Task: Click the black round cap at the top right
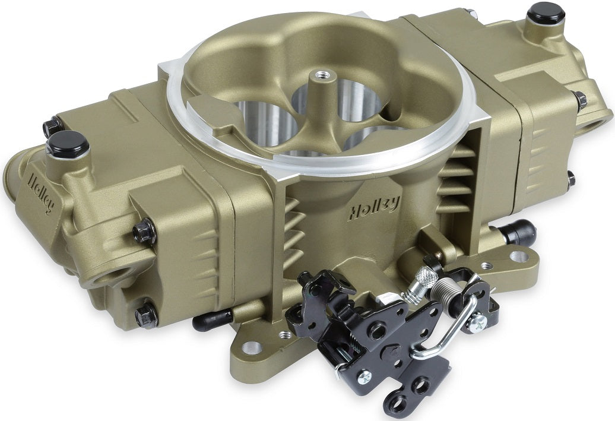(x=546, y=12)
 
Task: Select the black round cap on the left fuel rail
(x=68, y=144)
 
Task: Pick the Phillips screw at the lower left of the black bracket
(x=363, y=376)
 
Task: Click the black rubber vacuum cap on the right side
(x=518, y=232)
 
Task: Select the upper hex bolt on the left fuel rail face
(x=144, y=232)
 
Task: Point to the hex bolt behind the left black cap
(x=52, y=126)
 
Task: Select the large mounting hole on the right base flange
(x=519, y=257)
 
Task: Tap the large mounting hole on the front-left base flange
(x=252, y=347)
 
